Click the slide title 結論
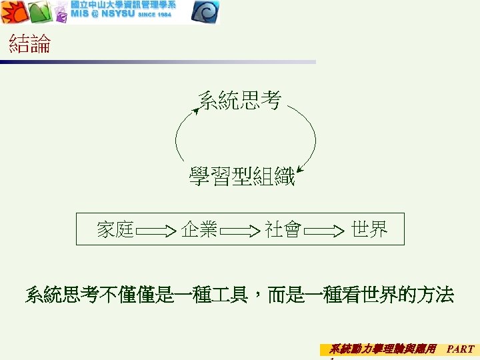pos(30,45)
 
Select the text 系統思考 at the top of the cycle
pos(240,101)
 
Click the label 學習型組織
pos(241,178)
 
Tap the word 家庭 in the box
pos(115,230)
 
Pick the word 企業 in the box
pos(199,230)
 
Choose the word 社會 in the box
pos(283,230)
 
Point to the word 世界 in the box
pos(369,230)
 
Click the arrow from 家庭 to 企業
pos(157,231)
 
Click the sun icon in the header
pos(14,11)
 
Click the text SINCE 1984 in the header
pos(155,15)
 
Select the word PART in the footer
pos(460,349)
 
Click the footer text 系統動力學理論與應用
pos(383,349)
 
